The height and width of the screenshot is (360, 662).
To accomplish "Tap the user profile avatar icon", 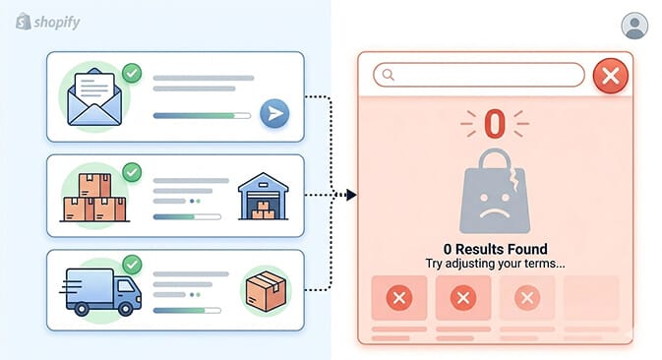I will [x=635, y=26].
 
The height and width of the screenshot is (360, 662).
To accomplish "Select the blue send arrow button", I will [x=273, y=114].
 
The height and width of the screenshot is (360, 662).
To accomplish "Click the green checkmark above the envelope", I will [x=131, y=73].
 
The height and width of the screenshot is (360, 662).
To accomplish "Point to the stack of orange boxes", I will [x=94, y=198].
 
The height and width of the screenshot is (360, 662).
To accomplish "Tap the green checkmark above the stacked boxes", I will [x=131, y=173].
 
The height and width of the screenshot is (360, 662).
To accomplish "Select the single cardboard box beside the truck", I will [x=265, y=291].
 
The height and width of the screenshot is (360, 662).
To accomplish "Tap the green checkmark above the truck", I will [x=131, y=264].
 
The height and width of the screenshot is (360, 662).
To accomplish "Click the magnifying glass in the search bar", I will [x=389, y=75].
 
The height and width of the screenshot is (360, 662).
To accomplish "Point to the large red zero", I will [x=494, y=123].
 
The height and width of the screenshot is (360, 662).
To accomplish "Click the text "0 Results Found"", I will [x=494, y=249].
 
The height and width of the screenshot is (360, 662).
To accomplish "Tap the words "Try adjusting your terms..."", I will [x=494, y=264].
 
